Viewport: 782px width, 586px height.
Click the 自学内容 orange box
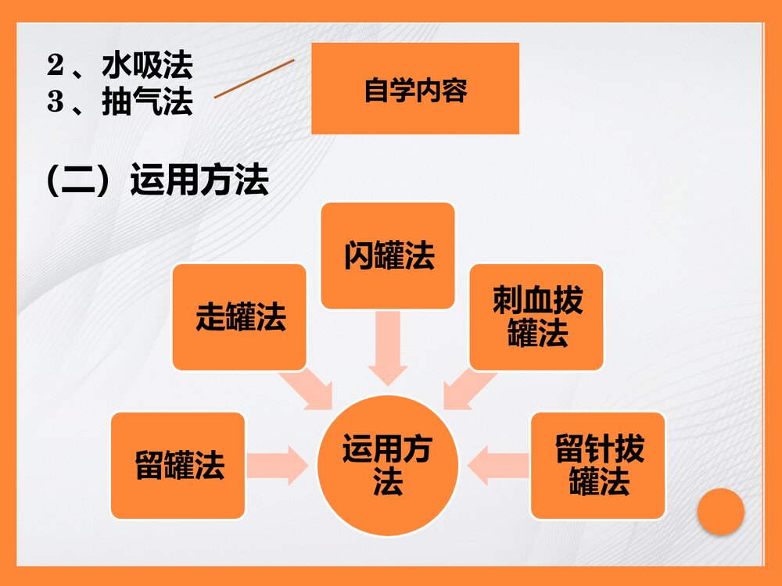point(415,88)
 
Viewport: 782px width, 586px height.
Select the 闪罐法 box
point(388,255)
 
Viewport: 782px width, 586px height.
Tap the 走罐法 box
point(239,316)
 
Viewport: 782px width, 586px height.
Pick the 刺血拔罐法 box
point(536,316)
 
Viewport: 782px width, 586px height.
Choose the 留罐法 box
point(178,465)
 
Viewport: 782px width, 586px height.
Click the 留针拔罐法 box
point(598,465)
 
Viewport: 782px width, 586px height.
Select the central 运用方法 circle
point(388,465)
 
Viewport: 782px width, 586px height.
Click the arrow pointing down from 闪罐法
point(388,348)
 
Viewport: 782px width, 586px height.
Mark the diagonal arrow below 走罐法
point(310,388)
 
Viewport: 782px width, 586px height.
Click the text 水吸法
point(147,66)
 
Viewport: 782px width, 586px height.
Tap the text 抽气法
point(147,102)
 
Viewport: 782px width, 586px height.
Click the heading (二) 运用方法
point(157,181)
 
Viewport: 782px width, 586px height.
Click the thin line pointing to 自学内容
point(254,79)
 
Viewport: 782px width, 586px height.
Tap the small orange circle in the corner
point(720,512)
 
